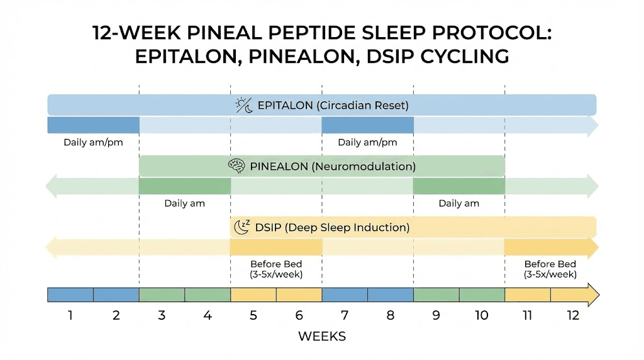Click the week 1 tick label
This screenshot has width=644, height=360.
point(70,315)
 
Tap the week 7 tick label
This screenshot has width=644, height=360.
point(345,315)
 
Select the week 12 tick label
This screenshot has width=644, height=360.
point(573,315)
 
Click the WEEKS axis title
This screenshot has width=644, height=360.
point(322,337)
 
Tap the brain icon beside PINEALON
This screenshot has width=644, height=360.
point(236,167)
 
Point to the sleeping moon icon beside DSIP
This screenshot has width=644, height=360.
point(241,227)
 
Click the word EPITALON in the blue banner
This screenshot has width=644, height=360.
point(285,105)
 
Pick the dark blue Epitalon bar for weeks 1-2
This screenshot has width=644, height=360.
point(93,125)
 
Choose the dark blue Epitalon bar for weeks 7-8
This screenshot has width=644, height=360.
point(367,125)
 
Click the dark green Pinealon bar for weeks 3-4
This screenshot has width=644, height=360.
point(184,186)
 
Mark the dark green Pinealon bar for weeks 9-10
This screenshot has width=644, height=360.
point(458,186)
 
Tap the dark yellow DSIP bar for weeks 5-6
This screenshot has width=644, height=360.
point(276,247)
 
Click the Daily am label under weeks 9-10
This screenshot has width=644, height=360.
point(458,203)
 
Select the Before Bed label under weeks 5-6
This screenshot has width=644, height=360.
point(276,269)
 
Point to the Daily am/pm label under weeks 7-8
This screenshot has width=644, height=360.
point(367,142)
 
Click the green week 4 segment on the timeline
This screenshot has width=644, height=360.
point(208,295)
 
